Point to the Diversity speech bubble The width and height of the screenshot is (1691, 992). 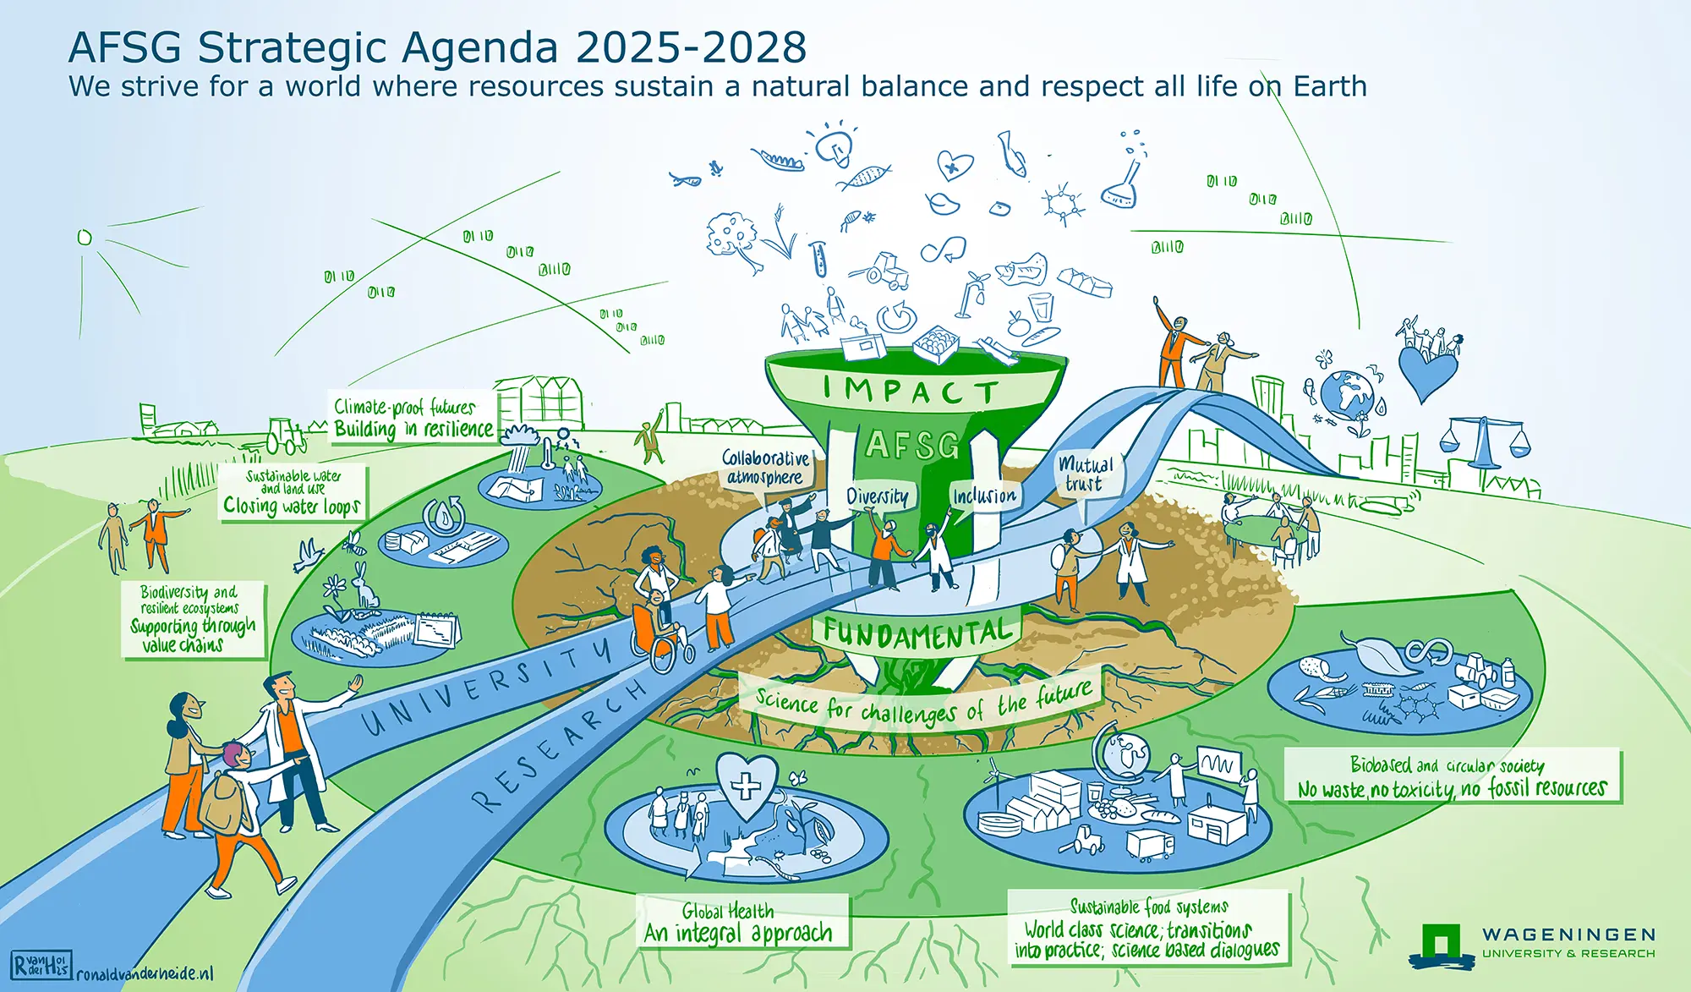click(x=878, y=497)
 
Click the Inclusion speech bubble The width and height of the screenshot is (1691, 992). click(x=985, y=496)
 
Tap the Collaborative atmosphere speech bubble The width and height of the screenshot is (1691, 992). click(x=765, y=468)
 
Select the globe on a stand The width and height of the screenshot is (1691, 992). click(x=1119, y=758)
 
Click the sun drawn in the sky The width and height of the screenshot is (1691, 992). click(x=84, y=238)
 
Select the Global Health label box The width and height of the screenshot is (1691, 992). click(x=742, y=922)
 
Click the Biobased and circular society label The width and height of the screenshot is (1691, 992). click(x=1453, y=776)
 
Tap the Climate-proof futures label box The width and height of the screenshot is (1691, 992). click(x=412, y=418)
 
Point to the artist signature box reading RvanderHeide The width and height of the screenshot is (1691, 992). click(x=41, y=965)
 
